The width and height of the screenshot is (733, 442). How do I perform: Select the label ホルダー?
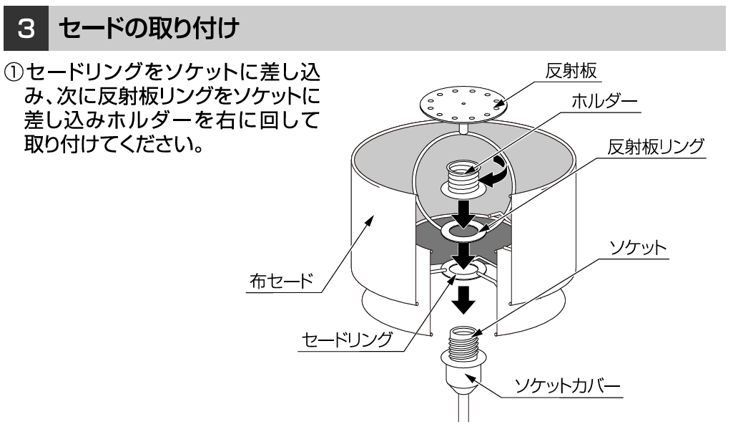(604, 101)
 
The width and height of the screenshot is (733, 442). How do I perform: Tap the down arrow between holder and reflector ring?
(464, 211)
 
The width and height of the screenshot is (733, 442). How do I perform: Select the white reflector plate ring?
(464, 231)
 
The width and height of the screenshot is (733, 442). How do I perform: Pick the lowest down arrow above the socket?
(464, 299)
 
